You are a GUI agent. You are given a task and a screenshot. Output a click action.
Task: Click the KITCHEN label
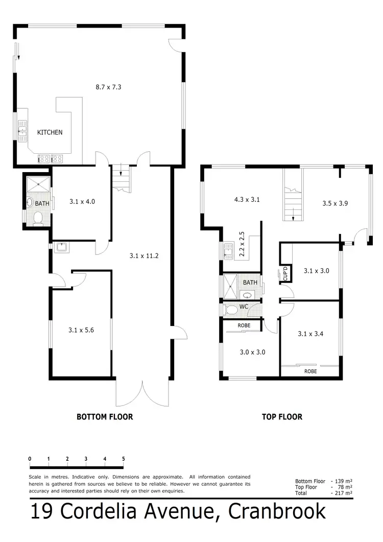pos(50,132)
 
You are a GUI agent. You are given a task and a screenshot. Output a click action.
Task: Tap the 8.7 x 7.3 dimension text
pos(108,87)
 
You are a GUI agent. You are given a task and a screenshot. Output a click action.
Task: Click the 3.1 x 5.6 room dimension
pos(82,330)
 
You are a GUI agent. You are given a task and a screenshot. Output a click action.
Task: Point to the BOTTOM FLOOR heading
pos(105,417)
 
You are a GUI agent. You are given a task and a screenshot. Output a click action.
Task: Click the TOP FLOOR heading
pos(282,417)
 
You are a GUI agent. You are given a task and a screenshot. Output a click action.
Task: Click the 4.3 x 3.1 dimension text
pos(247,200)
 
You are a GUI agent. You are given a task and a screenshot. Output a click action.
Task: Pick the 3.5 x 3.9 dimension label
pos(335,203)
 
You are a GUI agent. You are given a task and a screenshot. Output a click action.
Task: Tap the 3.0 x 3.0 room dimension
pos(252,351)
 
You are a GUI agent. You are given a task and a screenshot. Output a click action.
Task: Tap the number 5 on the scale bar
pos(123,459)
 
